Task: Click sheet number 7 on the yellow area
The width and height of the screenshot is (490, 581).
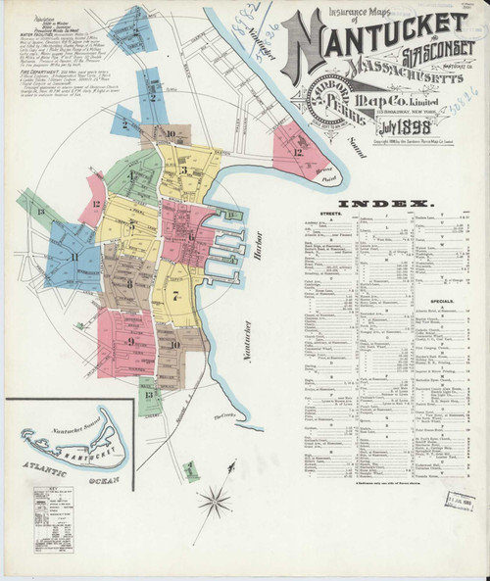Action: [176, 295]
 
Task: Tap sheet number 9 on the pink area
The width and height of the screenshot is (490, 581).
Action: [129, 342]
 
